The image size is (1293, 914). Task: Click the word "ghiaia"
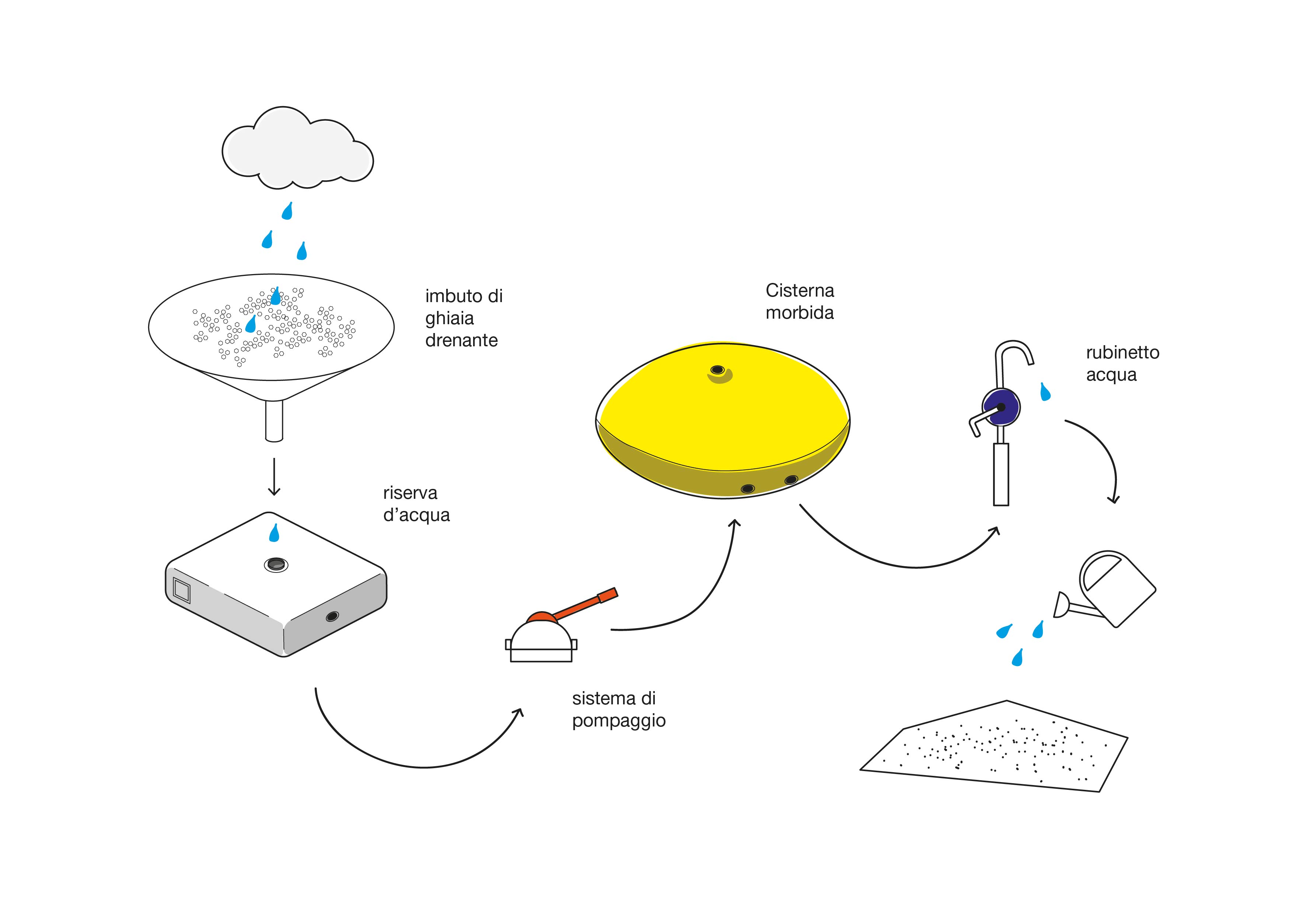pos(450,319)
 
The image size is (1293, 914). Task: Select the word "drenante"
pos(461,341)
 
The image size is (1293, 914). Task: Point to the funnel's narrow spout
pos(274,420)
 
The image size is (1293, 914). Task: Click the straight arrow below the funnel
pos(274,476)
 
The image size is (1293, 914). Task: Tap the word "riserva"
pos(410,493)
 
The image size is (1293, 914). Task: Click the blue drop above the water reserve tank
pos(274,533)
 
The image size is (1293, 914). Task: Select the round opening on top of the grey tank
pos(276,564)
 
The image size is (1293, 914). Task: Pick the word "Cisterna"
pos(800,291)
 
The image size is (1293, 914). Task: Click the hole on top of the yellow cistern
pos(717,370)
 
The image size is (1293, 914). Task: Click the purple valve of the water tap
pos(1001,407)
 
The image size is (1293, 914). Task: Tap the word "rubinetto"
pos(1122,353)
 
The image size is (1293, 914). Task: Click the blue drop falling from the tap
pos(1045,392)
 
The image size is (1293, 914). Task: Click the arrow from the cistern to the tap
pos(901,563)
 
